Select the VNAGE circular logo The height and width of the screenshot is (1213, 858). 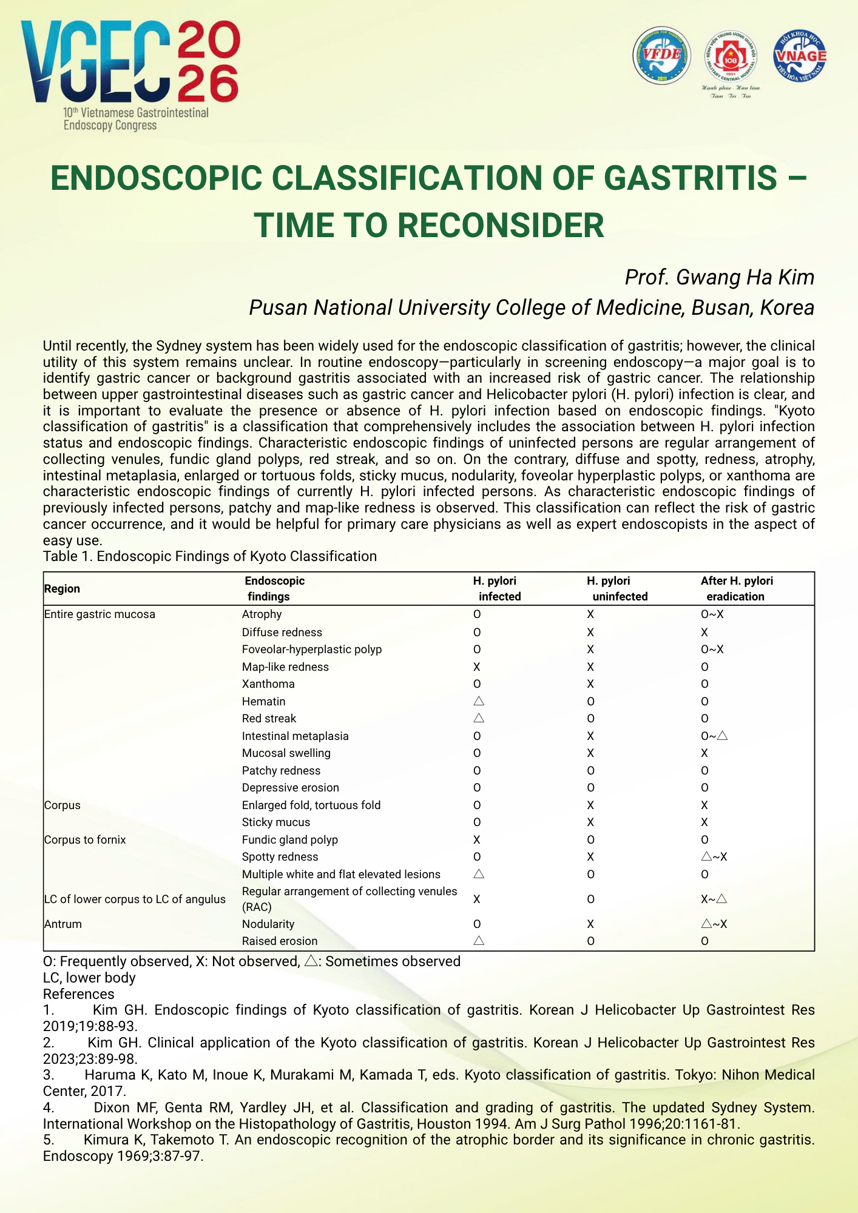tap(800, 56)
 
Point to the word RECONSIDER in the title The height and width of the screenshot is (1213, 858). tap(501, 225)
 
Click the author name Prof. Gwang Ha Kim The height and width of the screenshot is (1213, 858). tap(719, 277)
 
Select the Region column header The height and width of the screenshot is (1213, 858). tap(62, 589)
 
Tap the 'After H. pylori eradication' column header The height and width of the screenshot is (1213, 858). tap(736, 588)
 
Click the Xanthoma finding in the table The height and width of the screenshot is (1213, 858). tap(268, 684)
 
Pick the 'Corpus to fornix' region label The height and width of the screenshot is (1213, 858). tap(85, 840)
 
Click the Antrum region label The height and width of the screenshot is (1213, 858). tap(62, 924)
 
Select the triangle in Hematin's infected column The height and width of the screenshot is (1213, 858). tap(478, 701)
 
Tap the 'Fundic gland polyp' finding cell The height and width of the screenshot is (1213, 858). tap(289, 840)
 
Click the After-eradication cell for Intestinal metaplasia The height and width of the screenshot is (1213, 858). tap(714, 736)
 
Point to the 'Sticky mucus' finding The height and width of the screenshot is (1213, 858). tap(275, 822)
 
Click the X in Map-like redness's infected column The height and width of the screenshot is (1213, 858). tap(477, 667)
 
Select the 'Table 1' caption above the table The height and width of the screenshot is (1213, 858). tap(209, 556)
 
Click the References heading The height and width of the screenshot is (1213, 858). tap(78, 994)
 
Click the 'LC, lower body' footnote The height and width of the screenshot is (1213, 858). tap(89, 978)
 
